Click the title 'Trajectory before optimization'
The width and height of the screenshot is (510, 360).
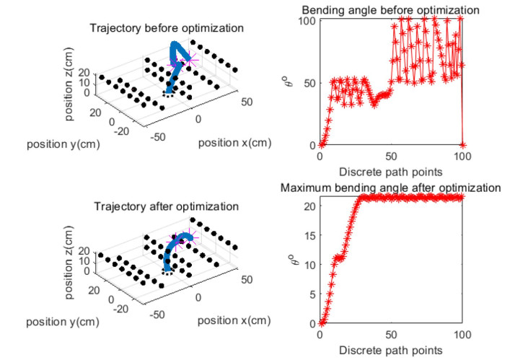point(166,29)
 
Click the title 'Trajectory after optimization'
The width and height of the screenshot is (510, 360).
point(166,207)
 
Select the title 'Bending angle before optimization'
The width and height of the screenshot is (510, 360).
point(390,11)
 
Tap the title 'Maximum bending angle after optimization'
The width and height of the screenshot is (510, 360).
point(390,188)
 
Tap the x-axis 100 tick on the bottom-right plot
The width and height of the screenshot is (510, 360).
point(462,335)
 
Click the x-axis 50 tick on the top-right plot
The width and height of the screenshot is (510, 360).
point(391,157)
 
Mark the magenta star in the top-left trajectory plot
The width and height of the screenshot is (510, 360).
point(189,61)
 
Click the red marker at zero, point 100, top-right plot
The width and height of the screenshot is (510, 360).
point(462,145)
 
